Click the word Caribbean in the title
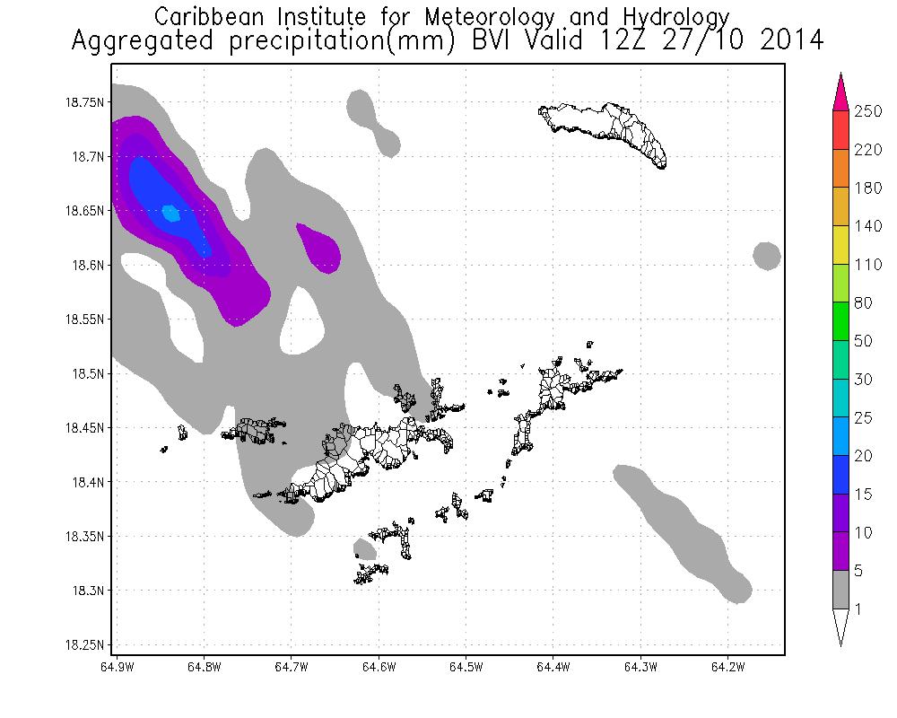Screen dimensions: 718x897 click(x=212, y=17)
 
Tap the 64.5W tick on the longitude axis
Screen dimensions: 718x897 click(x=466, y=667)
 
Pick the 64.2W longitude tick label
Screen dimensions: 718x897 click(x=727, y=667)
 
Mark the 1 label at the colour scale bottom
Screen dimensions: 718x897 click(x=860, y=610)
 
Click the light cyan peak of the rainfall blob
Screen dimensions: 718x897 click(x=170, y=214)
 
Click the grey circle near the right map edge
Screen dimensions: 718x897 click(x=766, y=257)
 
